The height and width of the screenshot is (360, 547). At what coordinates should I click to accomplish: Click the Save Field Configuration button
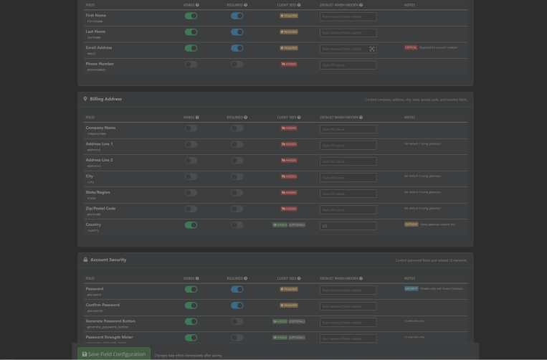[x=115, y=354]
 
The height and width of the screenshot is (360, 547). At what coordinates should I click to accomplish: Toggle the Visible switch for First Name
[x=191, y=16]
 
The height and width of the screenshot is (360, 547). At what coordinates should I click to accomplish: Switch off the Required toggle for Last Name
[x=237, y=32]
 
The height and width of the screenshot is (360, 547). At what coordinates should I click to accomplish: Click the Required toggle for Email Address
[x=237, y=48]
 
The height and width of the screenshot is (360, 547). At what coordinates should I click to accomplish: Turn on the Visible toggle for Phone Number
[x=191, y=65]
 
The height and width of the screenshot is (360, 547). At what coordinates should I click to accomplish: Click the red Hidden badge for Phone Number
[x=289, y=65]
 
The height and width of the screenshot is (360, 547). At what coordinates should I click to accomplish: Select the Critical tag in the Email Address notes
[x=410, y=47]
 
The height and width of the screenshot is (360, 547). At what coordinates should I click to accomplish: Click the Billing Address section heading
[x=105, y=99]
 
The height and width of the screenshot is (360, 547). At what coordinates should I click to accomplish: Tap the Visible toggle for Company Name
[x=191, y=128]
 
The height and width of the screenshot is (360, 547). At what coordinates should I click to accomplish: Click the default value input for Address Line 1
[x=348, y=145]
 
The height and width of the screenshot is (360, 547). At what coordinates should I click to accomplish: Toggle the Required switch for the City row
[x=237, y=176]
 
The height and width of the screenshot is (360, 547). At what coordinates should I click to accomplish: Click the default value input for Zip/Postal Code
[x=348, y=209]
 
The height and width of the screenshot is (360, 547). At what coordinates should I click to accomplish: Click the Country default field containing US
[x=348, y=226]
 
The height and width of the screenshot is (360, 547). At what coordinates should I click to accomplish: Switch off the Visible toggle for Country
[x=191, y=225]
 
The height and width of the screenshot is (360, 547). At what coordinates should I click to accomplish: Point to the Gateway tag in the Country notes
[x=411, y=224]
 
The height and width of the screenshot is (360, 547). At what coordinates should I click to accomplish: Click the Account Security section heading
[x=108, y=260]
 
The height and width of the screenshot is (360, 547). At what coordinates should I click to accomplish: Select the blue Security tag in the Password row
[x=411, y=288]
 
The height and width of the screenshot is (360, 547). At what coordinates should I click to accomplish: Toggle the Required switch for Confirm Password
[x=237, y=305]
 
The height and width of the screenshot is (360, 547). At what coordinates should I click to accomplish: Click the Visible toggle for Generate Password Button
[x=191, y=321]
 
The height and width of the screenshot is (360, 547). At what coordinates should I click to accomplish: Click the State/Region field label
[x=97, y=192]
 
